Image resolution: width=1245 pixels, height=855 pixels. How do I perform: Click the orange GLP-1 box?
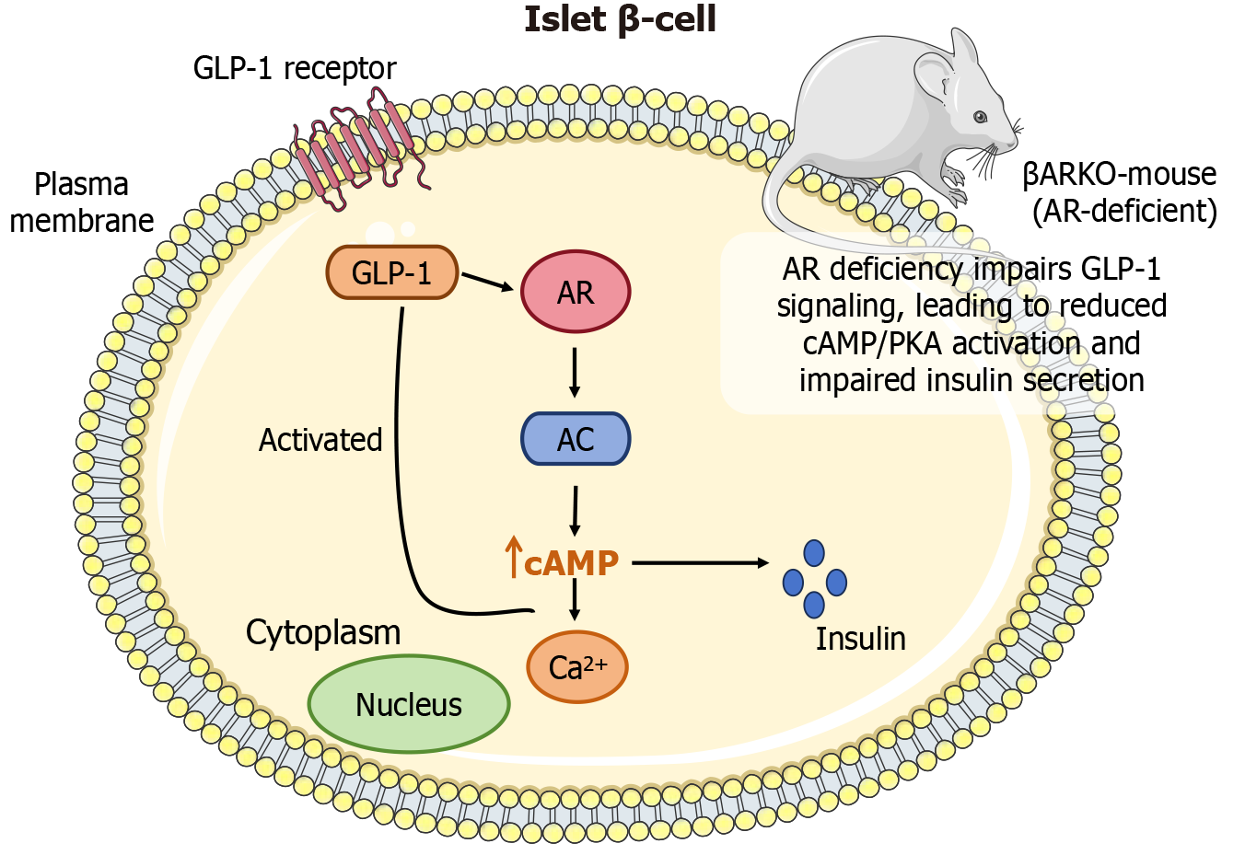click(392, 272)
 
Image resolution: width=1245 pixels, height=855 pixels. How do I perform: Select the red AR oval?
click(576, 293)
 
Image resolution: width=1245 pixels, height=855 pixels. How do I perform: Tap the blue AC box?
click(576, 439)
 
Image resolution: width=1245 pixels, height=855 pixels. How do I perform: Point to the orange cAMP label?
click(571, 562)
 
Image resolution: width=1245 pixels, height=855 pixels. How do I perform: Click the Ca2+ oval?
click(577, 667)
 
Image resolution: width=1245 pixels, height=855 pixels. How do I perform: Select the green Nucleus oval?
click(409, 704)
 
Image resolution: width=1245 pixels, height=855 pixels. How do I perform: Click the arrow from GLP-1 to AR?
click(487, 281)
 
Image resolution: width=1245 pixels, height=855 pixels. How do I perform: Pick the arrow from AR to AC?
click(575, 372)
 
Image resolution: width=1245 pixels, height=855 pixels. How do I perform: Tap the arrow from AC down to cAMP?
click(575, 511)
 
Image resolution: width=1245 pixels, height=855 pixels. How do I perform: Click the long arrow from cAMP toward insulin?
click(700, 562)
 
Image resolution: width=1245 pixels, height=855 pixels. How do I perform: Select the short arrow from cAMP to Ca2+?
click(575, 600)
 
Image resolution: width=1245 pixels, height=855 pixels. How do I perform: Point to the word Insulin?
click(860, 639)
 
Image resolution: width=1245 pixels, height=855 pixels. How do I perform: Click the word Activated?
click(320, 440)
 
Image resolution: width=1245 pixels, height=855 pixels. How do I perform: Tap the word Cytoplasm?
click(323, 633)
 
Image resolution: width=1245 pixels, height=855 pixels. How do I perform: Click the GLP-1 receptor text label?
click(295, 68)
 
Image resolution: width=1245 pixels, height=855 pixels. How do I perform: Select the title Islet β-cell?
click(621, 19)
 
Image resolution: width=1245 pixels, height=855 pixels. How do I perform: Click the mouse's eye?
click(980, 116)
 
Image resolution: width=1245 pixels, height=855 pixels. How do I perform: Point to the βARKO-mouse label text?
click(1120, 175)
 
